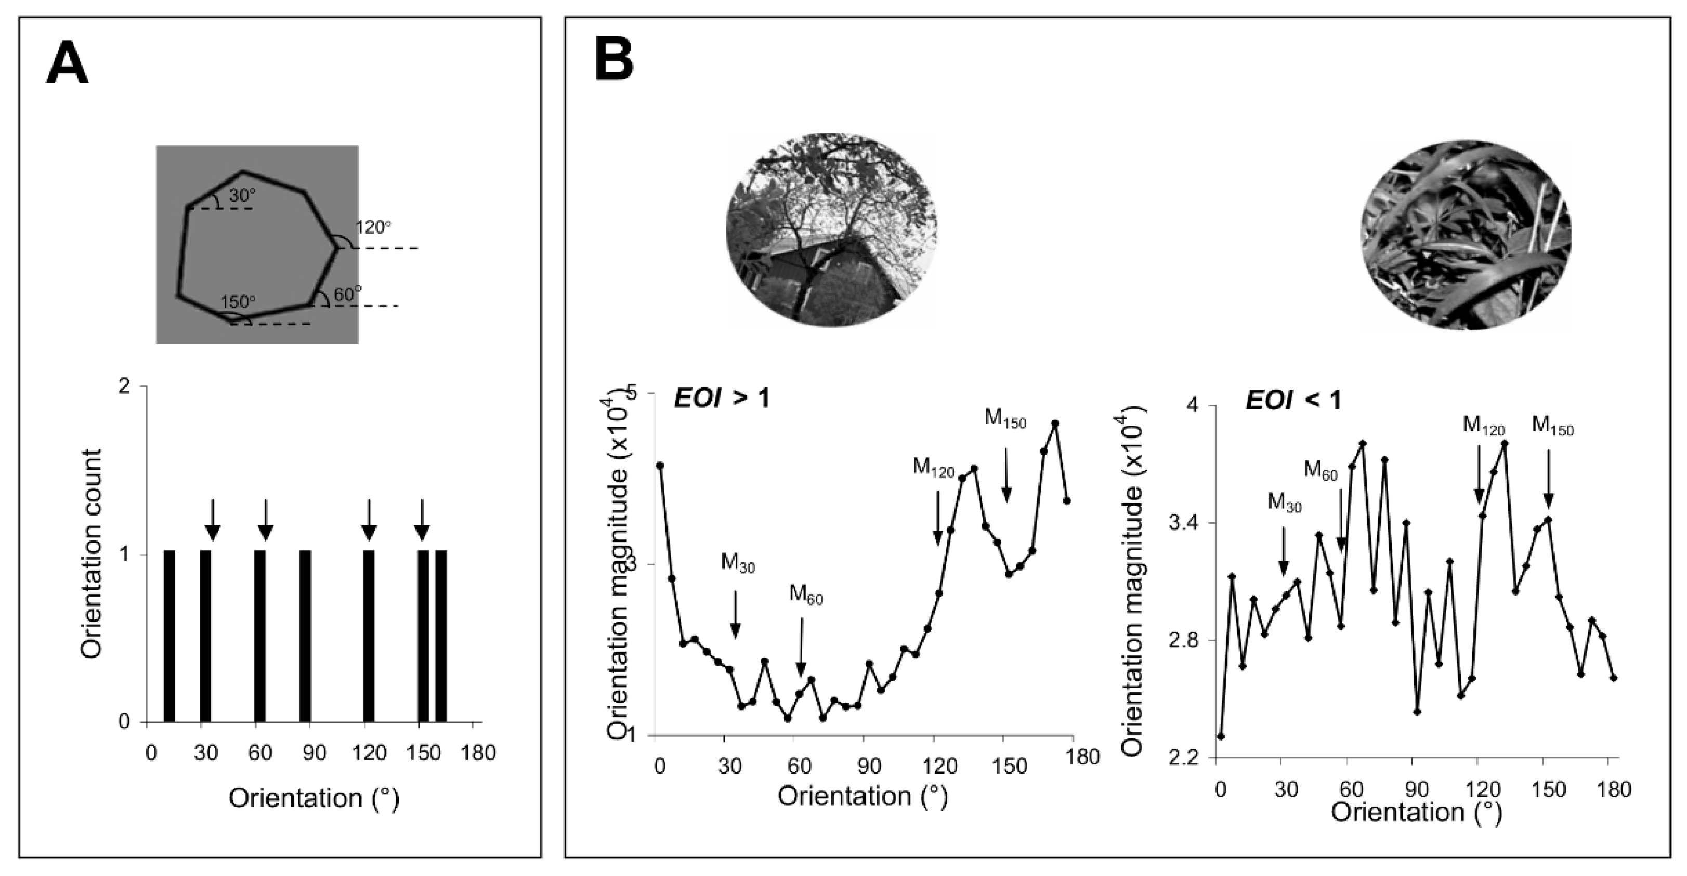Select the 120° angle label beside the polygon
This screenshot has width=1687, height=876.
click(x=373, y=227)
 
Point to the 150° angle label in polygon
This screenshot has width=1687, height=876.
click(x=238, y=302)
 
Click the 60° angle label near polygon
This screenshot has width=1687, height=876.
click(x=348, y=295)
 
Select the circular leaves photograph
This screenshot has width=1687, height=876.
click(x=1465, y=235)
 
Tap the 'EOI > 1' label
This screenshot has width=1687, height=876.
click(x=722, y=398)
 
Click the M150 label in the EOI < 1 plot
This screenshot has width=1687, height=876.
click(x=1553, y=427)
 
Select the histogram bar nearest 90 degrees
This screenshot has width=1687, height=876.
click(x=305, y=636)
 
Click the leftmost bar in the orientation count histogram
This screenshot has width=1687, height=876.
click(x=169, y=636)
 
